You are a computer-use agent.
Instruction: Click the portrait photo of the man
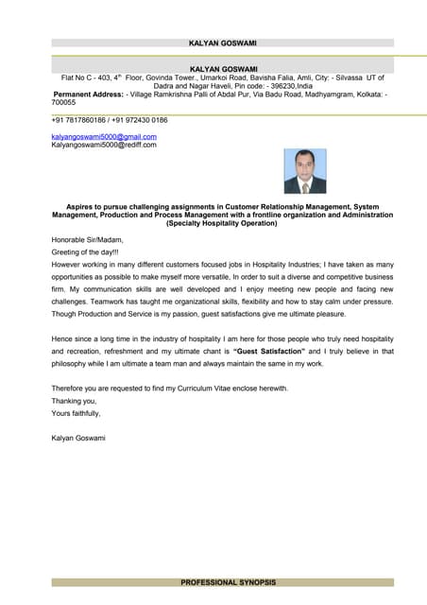(x=304, y=171)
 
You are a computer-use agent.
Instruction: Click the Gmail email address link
(x=103, y=137)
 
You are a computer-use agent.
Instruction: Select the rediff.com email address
(x=103, y=145)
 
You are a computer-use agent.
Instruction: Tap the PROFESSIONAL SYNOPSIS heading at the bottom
(x=223, y=582)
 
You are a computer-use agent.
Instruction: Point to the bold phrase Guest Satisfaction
(x=279, y=351)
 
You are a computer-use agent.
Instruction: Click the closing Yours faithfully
(x=76, y=413)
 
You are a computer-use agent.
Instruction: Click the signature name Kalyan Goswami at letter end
(x=78, y=438)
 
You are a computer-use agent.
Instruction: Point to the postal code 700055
(x=63, y=102)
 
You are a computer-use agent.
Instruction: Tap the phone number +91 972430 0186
(x=140, y=120)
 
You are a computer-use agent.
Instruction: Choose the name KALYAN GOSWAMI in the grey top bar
(x=223, y=43)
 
